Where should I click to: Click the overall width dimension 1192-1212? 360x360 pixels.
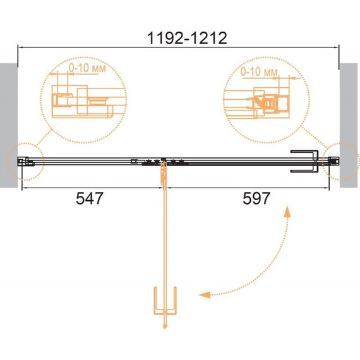(187, 38)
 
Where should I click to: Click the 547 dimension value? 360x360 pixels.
(90, 198)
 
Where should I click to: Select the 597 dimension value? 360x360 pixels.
(256, 198)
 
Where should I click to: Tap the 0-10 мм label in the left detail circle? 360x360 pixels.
(88, 68)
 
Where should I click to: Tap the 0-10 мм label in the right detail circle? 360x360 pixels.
(259, 72)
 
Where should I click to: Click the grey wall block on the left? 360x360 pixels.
(9, 125)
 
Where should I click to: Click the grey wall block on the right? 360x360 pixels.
(349, 125)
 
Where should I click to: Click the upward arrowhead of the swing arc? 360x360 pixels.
(287, 212)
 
